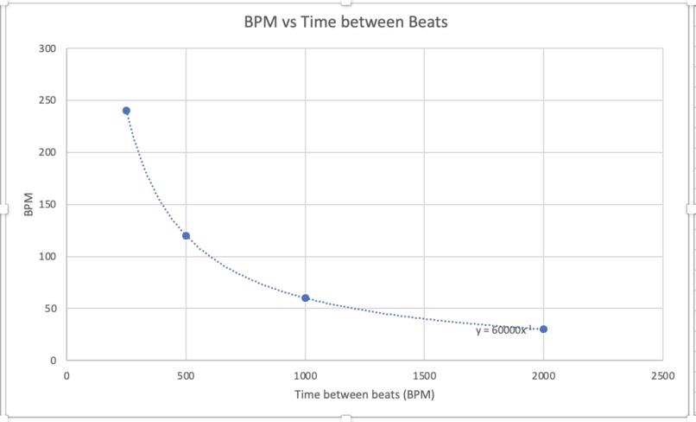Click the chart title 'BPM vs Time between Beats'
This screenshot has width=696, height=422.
tap(347, 21)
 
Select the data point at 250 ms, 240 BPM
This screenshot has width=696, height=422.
tap(126, 111)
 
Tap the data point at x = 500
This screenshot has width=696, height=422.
tap(186, 236)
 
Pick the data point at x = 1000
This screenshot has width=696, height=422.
tap(305, 297)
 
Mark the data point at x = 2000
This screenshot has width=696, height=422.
tap(543, 329)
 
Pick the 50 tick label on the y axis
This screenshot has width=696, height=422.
tap(51, 308)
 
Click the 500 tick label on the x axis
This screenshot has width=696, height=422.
tap(186, 376)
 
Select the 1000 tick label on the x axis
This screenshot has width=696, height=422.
tap(305, 376)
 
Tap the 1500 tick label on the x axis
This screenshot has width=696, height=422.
tap(424, 376)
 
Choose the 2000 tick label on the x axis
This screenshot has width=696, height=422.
tap(543, 376)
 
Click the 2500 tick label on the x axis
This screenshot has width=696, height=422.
tap(662, 376)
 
